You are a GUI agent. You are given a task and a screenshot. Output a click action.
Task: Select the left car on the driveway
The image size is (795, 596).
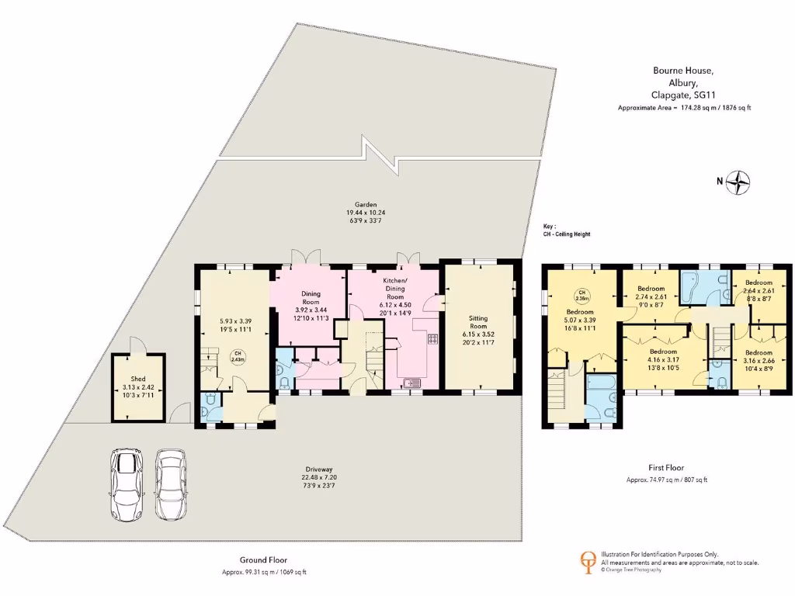pos(127,484)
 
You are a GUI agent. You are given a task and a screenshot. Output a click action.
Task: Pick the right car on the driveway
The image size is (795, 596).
pos(170,484)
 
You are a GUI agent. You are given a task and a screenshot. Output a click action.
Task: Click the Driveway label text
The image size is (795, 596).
pos(319,470)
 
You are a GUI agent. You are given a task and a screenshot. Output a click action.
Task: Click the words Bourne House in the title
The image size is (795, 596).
pos(682,71)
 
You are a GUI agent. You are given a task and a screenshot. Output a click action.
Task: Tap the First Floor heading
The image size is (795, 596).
pos(666,468)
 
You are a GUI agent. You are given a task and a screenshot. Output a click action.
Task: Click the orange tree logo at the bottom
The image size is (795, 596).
pos(590,561)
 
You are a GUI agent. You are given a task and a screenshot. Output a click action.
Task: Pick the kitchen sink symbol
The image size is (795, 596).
pos(411,382)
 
